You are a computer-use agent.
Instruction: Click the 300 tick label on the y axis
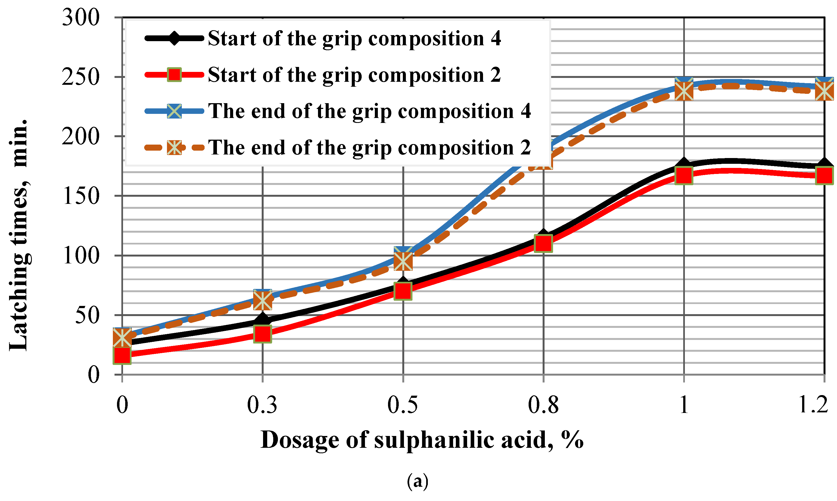(81, 18)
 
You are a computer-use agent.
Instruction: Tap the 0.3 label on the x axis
(262, 405)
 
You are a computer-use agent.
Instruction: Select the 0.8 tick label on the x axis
(543, 405)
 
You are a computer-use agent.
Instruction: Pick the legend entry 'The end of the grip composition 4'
(369, 111)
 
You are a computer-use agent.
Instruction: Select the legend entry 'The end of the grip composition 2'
(369, 148)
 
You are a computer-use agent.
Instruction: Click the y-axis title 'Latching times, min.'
(19, 235)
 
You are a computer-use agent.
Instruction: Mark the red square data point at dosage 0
(122, 355)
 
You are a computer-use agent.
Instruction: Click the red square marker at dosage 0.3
(263, 334)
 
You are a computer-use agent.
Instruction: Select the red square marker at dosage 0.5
(403, 291)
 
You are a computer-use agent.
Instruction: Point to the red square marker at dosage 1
(683, 176)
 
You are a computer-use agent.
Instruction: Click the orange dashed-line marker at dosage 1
(683, 91)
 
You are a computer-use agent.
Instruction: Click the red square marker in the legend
(174, 75)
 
